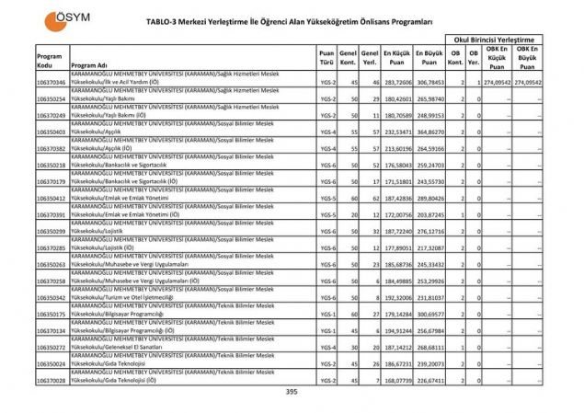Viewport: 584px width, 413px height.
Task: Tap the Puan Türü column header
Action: point(326,60)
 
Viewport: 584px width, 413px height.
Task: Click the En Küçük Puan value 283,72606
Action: point(396,83)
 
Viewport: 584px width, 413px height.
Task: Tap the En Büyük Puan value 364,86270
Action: point(429,132)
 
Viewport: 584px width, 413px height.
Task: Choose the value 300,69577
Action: point(429,314)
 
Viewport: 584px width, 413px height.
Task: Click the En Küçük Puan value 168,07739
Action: point(396,380)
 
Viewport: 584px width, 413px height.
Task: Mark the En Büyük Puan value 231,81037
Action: point(429,297)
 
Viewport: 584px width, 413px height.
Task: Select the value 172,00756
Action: point(396,214)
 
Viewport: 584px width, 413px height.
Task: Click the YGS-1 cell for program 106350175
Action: point(326,314)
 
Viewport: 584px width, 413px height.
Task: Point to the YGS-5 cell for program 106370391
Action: point(326,214)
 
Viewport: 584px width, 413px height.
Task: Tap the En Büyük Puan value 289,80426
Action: point(429,198)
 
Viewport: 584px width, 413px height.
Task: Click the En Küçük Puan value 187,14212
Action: point(396,347)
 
